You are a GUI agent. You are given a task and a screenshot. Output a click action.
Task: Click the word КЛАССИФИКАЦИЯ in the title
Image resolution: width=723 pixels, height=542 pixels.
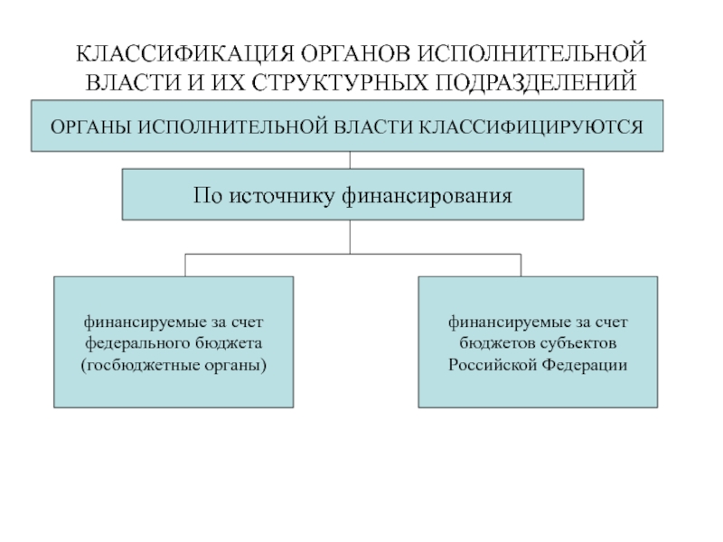(x=185, y=54)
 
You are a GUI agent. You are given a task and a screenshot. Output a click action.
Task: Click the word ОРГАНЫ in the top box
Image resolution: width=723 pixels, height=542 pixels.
(x=91, y=127)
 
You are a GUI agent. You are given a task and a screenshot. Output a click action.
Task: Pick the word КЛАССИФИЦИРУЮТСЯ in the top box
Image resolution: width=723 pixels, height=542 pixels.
(x=531, y=127)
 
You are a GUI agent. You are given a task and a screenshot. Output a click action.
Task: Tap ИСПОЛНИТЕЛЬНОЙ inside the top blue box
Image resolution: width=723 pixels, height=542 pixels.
(x=232, y=127)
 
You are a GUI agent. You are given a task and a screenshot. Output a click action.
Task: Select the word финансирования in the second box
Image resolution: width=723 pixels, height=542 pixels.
(x=427, y=196)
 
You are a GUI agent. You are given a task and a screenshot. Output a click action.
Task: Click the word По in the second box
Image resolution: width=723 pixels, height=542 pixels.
(x=208, y=195)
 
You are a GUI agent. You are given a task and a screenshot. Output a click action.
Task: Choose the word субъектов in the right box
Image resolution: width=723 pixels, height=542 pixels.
(x=578, y=344)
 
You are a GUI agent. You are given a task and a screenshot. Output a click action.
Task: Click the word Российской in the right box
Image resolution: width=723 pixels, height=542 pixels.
(x=492, y=366)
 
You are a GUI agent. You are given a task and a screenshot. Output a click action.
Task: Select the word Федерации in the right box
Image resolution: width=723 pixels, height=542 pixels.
(x=585, y=366)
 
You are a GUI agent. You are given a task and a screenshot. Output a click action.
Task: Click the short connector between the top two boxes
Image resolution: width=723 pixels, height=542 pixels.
(x=350, y=160)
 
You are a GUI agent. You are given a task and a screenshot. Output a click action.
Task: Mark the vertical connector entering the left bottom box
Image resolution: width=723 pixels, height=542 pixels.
(x=185, y=265)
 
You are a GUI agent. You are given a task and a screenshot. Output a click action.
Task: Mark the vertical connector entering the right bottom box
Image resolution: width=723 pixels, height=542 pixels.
(x=521, y=265)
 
